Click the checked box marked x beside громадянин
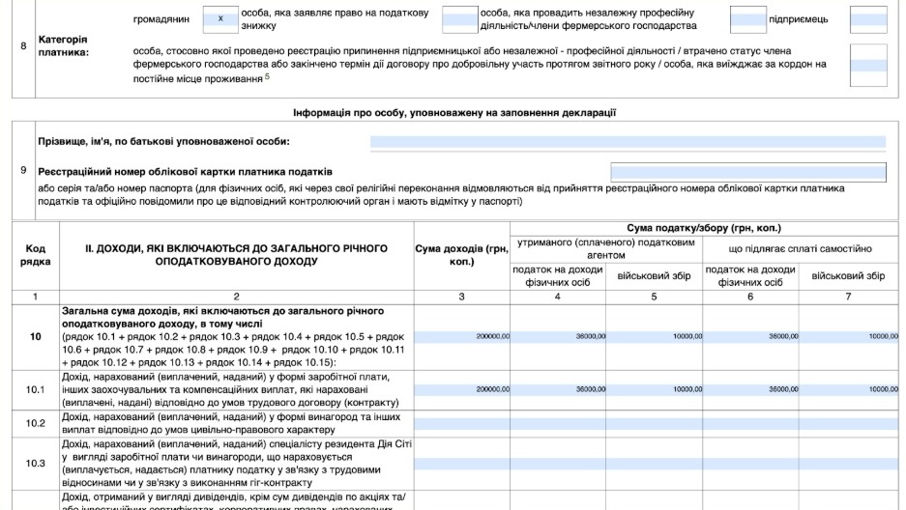221,18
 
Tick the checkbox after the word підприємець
867,18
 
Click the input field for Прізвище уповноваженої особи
628,142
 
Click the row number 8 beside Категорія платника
23,45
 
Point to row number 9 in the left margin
23,171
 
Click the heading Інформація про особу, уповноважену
454,113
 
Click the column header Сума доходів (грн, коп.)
461,255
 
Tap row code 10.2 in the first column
36,423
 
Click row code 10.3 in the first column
36,463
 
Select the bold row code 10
36,336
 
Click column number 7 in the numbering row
848,296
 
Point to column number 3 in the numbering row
461,296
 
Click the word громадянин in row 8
161,18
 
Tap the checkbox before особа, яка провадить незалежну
459,18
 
